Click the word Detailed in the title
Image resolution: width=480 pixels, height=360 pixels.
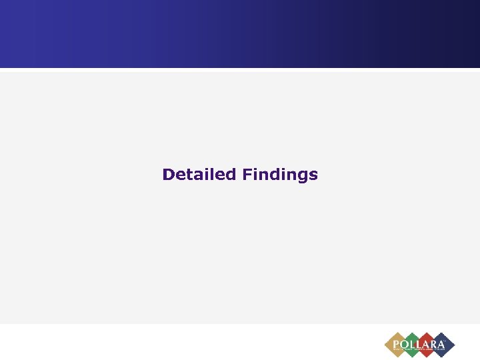coord(199,175)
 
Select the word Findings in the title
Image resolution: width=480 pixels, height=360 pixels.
coord(280,175)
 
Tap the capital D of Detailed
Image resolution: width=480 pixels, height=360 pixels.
coord(168,175)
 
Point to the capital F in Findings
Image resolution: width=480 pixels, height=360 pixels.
coord(247,175)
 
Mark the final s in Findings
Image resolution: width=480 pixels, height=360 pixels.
coord(313,176)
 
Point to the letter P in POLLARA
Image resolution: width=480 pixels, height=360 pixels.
coord(397,343)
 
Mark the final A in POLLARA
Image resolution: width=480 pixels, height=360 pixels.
coord(443,343)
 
